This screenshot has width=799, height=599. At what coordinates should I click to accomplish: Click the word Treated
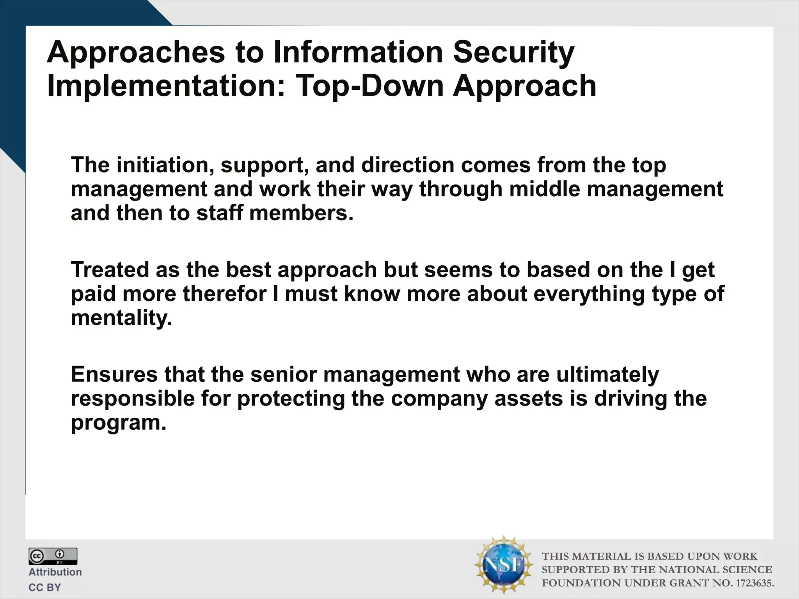click(110, 269)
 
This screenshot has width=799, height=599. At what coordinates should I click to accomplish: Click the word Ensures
click(114, 374)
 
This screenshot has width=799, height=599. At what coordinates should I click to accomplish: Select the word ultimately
click(607, 374)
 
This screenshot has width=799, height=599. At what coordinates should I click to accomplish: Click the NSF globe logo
click(504, 564)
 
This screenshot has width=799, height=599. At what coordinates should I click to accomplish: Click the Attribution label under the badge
click(55, 572)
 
